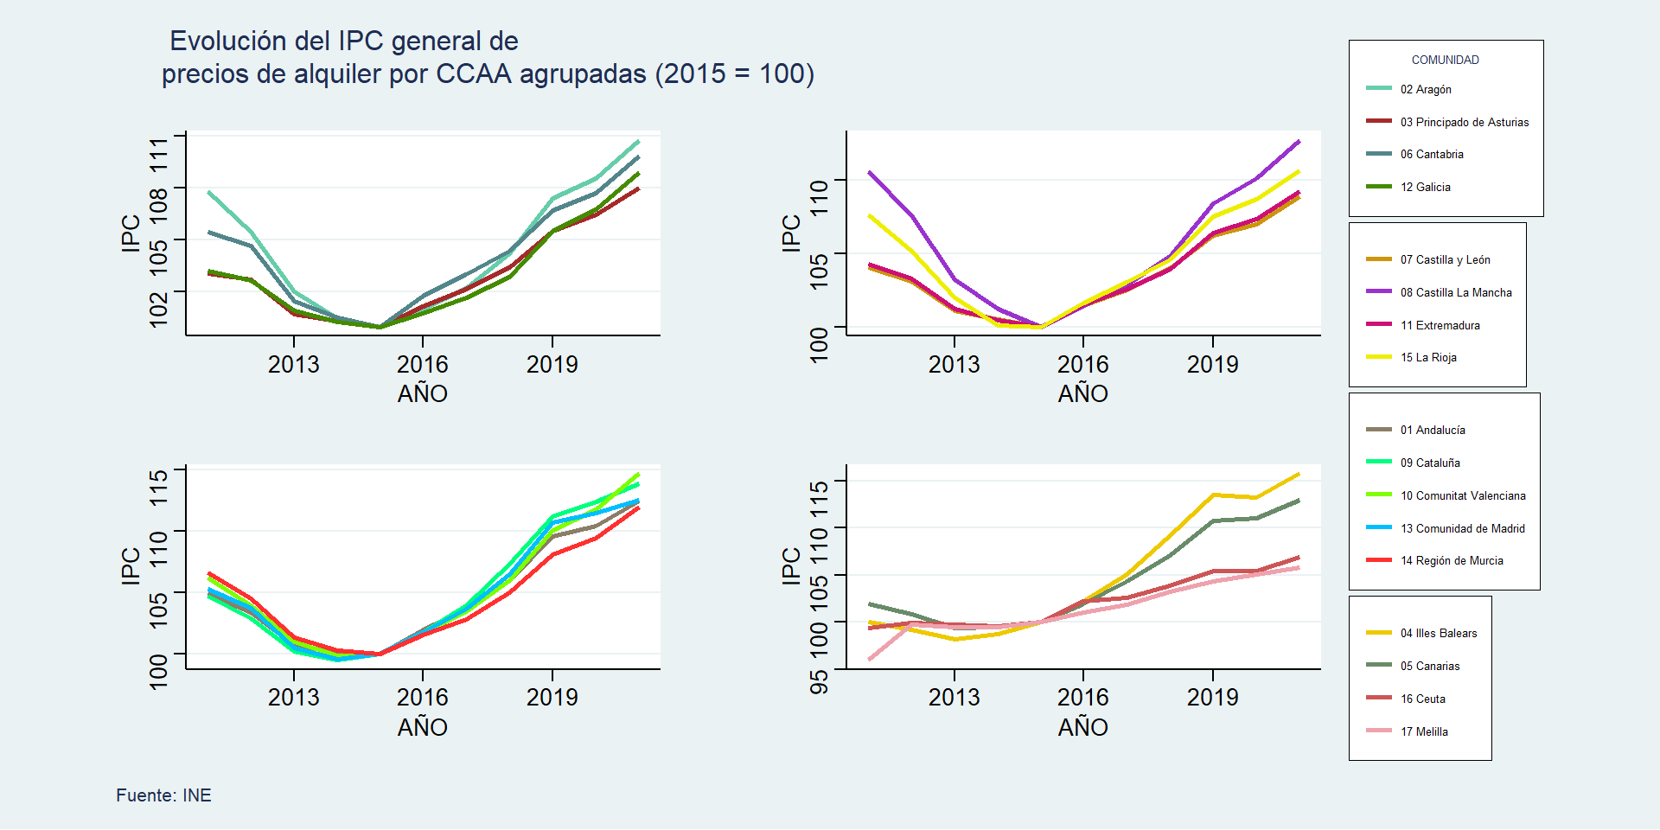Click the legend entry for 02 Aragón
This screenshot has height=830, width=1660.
pyautogui.click(x=1426, y=89)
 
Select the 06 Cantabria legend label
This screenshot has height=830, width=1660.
pyautogui.click(x=1432, y=154)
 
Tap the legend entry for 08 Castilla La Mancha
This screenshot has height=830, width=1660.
pyautogui.click(x=1456, y=292)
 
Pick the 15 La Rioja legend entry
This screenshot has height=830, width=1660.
pyautogui.click(x=1428, y=357)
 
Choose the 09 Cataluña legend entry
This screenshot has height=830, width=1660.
pyautogui.click(x=1430, y=463)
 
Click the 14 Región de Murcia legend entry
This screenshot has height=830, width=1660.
pyautogui.click(x=1452, y=560)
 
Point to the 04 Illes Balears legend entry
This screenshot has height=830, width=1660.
pyautogui.click(x=1439, y=633)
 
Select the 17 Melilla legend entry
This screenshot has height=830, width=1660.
pyautogui.click(x=1424, y=731)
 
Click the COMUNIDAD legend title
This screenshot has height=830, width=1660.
pyautogui.click(x=1445, y=60)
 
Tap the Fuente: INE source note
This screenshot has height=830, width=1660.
pyautogui.click(x=163, y=795)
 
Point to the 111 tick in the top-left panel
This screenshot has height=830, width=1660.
pyautogui.click(x=159, y=153)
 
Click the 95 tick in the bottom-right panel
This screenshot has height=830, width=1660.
pyautogui.click(x=819, y=681)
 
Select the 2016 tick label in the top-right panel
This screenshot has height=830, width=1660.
pyautogui.click(x=1082, y=364)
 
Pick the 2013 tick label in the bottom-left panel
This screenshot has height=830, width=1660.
pyautogui.click(x=293, y=697)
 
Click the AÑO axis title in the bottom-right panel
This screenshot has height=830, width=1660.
pyautogui.click(x=1082, y=727)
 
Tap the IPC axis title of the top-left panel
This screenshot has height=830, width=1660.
pyautogui.click(x=131, y=233)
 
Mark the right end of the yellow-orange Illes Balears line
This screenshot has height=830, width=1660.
pyautogui.click(x=1299, y=474)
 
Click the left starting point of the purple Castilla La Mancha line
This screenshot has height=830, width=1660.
pyautogui.click(x=870, y=172)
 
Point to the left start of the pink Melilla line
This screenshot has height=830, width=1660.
pyautogui.click(x=870, y=660)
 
